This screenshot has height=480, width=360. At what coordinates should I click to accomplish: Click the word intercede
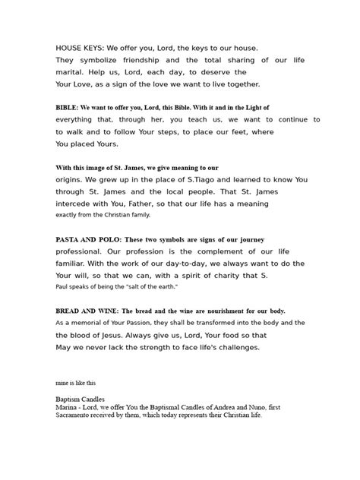(76, 207)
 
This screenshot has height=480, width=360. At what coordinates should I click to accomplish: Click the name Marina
(67, 407)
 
